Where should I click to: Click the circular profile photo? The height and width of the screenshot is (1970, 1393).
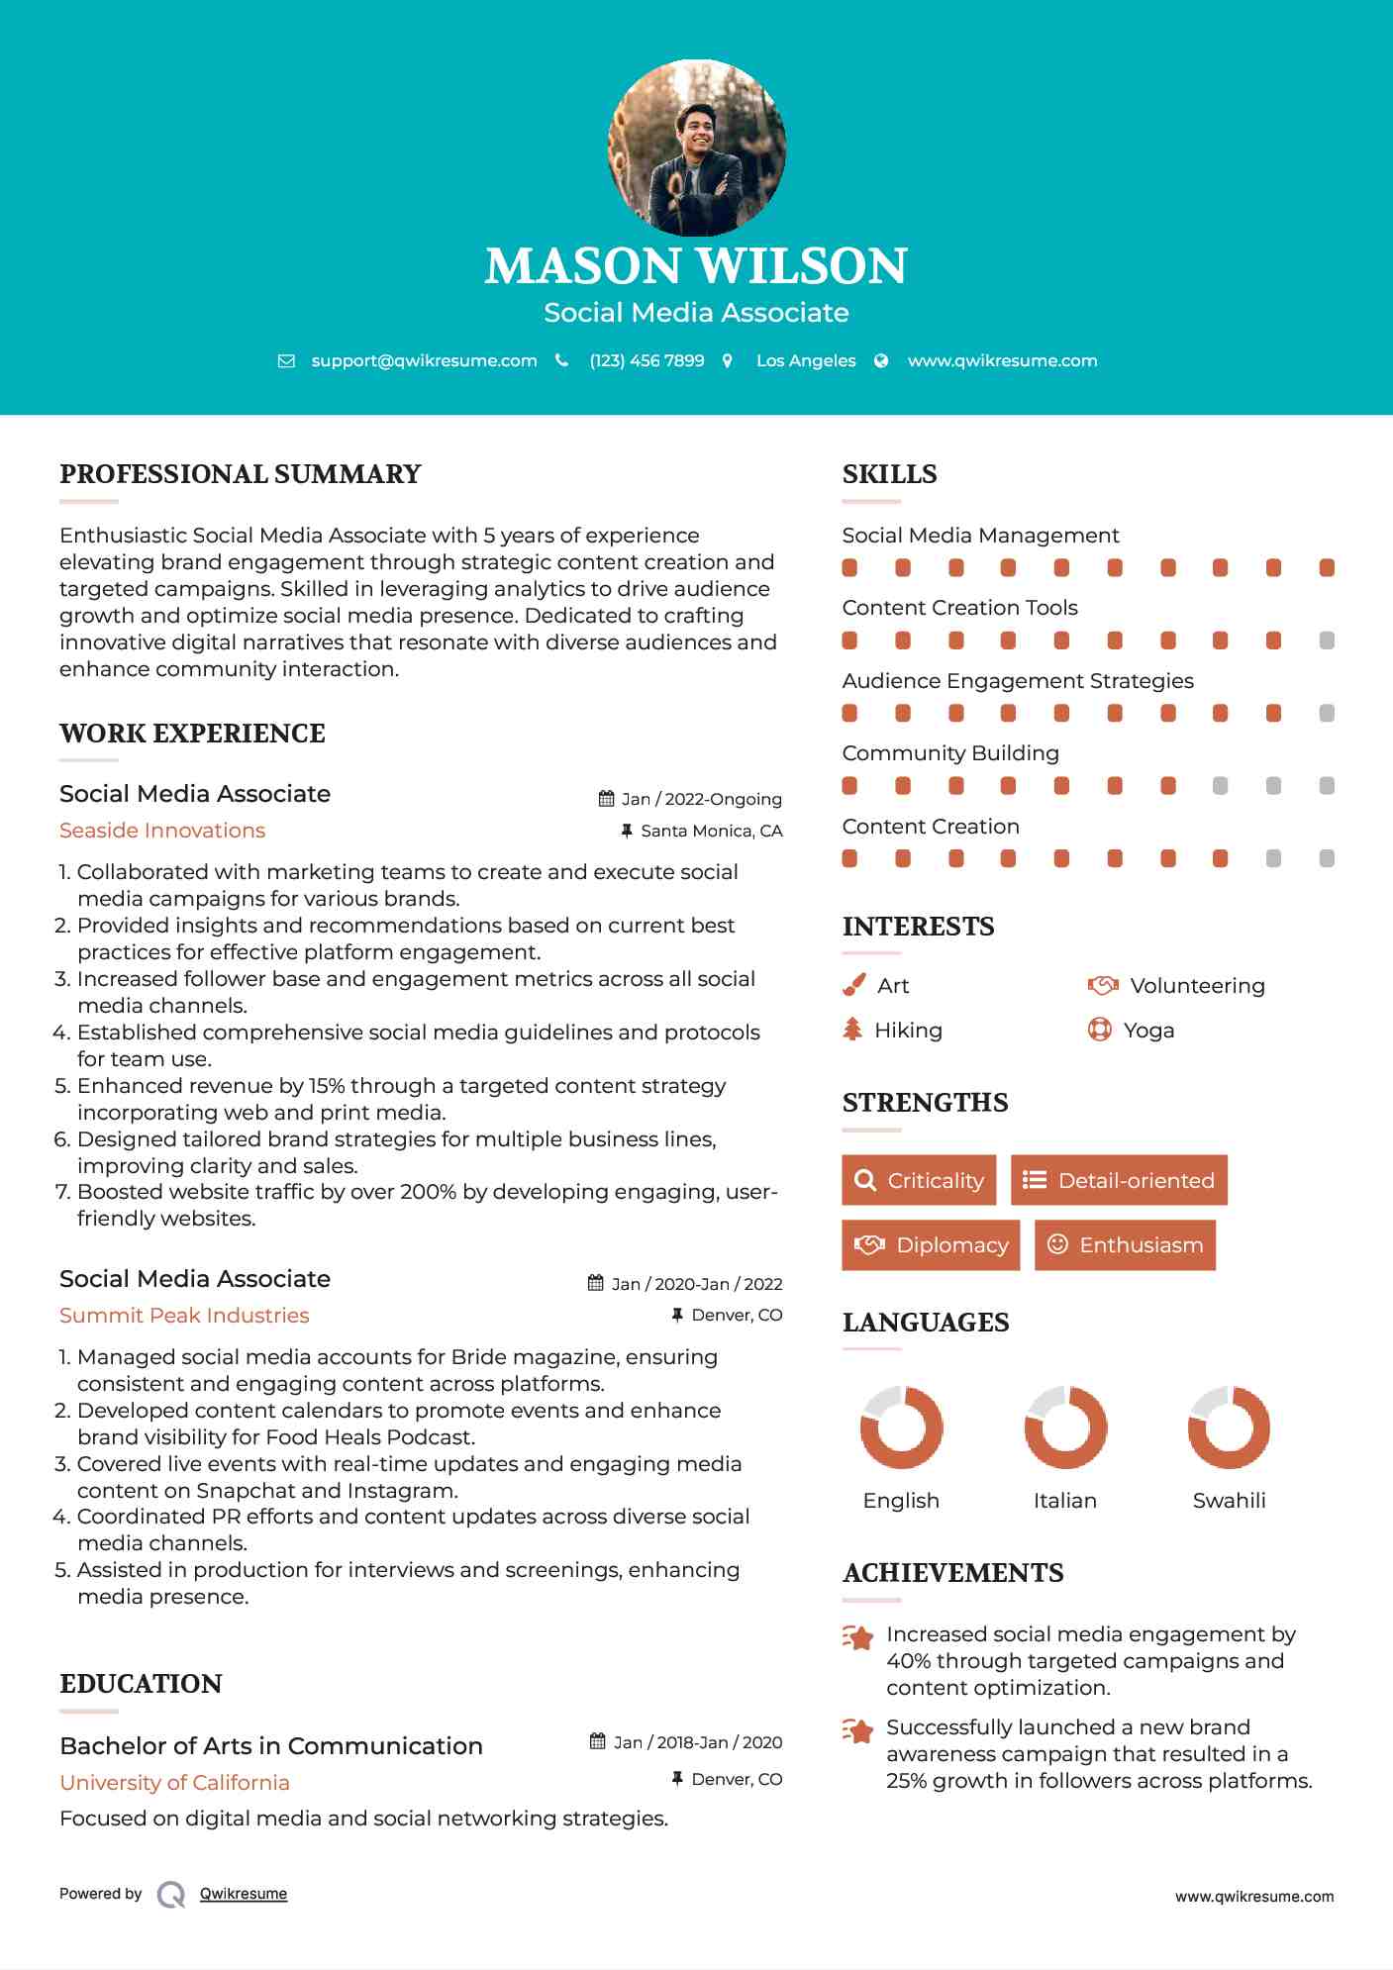696,148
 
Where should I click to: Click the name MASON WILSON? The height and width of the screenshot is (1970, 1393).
696,265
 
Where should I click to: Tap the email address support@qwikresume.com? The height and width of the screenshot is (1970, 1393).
424,360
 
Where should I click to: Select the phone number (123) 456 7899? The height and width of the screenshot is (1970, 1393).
647,360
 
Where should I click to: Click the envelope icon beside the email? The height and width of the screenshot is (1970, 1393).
286,361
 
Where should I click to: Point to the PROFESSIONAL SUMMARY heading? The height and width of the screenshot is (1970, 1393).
241,474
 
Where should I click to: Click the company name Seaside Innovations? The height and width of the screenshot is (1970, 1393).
162,831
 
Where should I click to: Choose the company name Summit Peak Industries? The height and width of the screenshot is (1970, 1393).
184,1316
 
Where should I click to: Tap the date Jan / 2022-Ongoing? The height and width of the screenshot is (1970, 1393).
701,799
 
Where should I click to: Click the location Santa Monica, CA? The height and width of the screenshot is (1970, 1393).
711,831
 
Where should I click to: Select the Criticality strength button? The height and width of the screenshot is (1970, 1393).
919,1180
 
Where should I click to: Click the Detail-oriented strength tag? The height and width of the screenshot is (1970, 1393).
1119,1180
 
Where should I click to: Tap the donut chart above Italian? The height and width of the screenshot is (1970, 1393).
1065,1427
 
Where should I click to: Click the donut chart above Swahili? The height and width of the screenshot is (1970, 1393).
1229,1427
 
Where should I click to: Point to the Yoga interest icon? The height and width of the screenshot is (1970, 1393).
1099,1030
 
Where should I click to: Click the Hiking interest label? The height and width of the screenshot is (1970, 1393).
908,1031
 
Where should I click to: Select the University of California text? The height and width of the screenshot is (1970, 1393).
174,1783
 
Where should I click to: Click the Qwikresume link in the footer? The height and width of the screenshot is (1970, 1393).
244,1894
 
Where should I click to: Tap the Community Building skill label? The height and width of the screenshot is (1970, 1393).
950,753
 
